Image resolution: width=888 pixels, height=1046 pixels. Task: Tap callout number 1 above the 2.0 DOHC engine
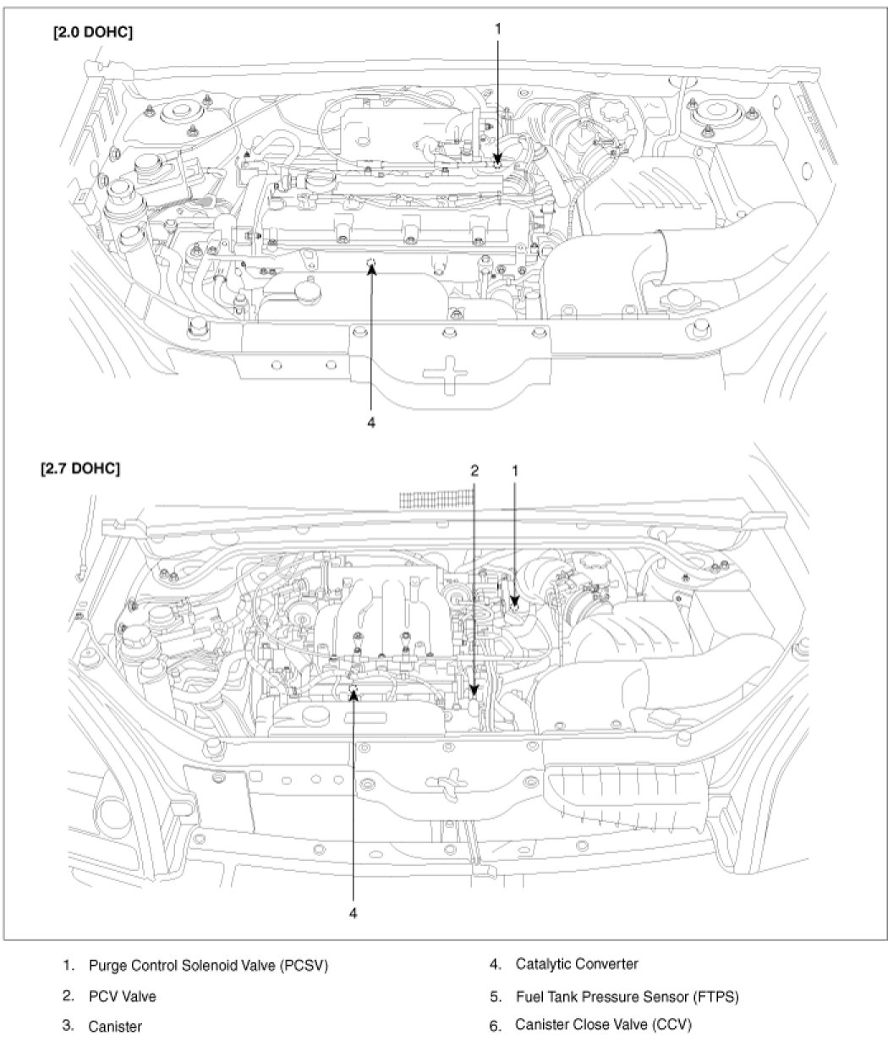498,29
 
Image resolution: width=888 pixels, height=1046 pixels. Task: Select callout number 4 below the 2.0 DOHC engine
371,421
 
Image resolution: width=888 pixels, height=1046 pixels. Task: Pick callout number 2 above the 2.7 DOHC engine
475,468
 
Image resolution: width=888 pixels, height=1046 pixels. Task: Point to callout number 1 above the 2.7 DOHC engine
514,468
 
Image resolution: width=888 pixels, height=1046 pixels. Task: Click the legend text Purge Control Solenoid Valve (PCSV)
207,965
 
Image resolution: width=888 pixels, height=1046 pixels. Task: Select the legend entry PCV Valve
122,996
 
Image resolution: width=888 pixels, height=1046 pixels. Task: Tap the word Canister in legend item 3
115,1027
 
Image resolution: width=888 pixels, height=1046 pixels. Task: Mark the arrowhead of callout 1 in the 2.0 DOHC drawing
498,158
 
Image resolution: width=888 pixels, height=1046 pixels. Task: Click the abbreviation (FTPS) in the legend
715,996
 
